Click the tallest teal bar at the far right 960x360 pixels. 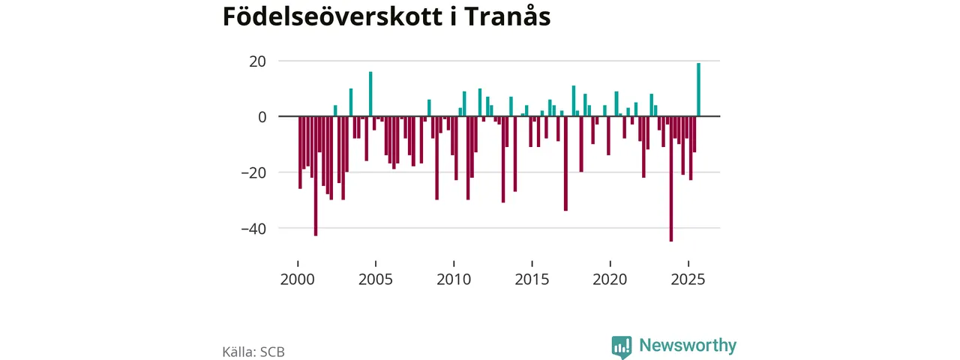[698, 90]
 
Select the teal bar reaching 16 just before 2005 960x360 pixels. [370, 94]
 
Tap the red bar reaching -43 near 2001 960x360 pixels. [316, 176]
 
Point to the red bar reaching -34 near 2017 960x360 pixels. [565, 163]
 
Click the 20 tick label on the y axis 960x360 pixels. [258, 61]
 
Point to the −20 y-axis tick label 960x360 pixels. [253, 172]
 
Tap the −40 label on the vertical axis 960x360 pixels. [253, 228]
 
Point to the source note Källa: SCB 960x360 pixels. [253, 351]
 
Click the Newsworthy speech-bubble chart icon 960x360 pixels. [621, 346]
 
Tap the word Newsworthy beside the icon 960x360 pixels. [688, 346]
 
